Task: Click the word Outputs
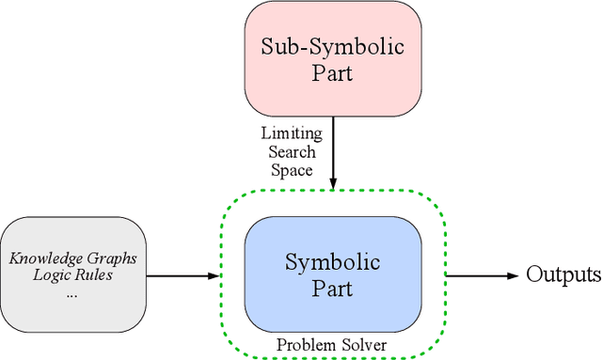562,275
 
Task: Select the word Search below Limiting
292,151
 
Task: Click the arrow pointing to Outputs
483,275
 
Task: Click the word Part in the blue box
334,289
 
